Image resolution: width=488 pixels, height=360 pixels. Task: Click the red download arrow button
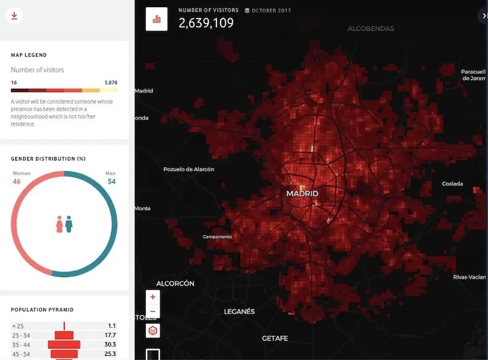point(13,15)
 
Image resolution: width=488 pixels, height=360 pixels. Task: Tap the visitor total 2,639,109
point(206,23)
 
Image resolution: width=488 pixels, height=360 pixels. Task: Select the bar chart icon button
point(157,19)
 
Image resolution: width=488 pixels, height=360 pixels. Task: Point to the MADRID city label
point(302,193)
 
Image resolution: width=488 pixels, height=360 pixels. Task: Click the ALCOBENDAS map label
point(370,29)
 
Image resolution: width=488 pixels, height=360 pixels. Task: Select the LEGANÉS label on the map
point(239,311)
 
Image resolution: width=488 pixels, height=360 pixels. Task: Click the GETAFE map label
point(274,338)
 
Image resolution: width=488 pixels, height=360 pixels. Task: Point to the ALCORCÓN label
point(175,284)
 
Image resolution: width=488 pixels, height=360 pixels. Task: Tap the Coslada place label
point(452,184)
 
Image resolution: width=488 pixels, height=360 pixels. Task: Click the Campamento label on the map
point(217,237)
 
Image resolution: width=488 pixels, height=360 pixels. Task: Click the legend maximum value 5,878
point(110,82)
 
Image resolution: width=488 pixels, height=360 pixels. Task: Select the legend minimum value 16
point(14,82)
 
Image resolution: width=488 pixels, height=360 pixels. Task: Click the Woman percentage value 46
point(17,181)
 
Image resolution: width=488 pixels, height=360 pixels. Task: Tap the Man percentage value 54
point(111,181)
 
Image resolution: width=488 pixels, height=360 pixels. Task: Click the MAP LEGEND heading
point(29,56)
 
